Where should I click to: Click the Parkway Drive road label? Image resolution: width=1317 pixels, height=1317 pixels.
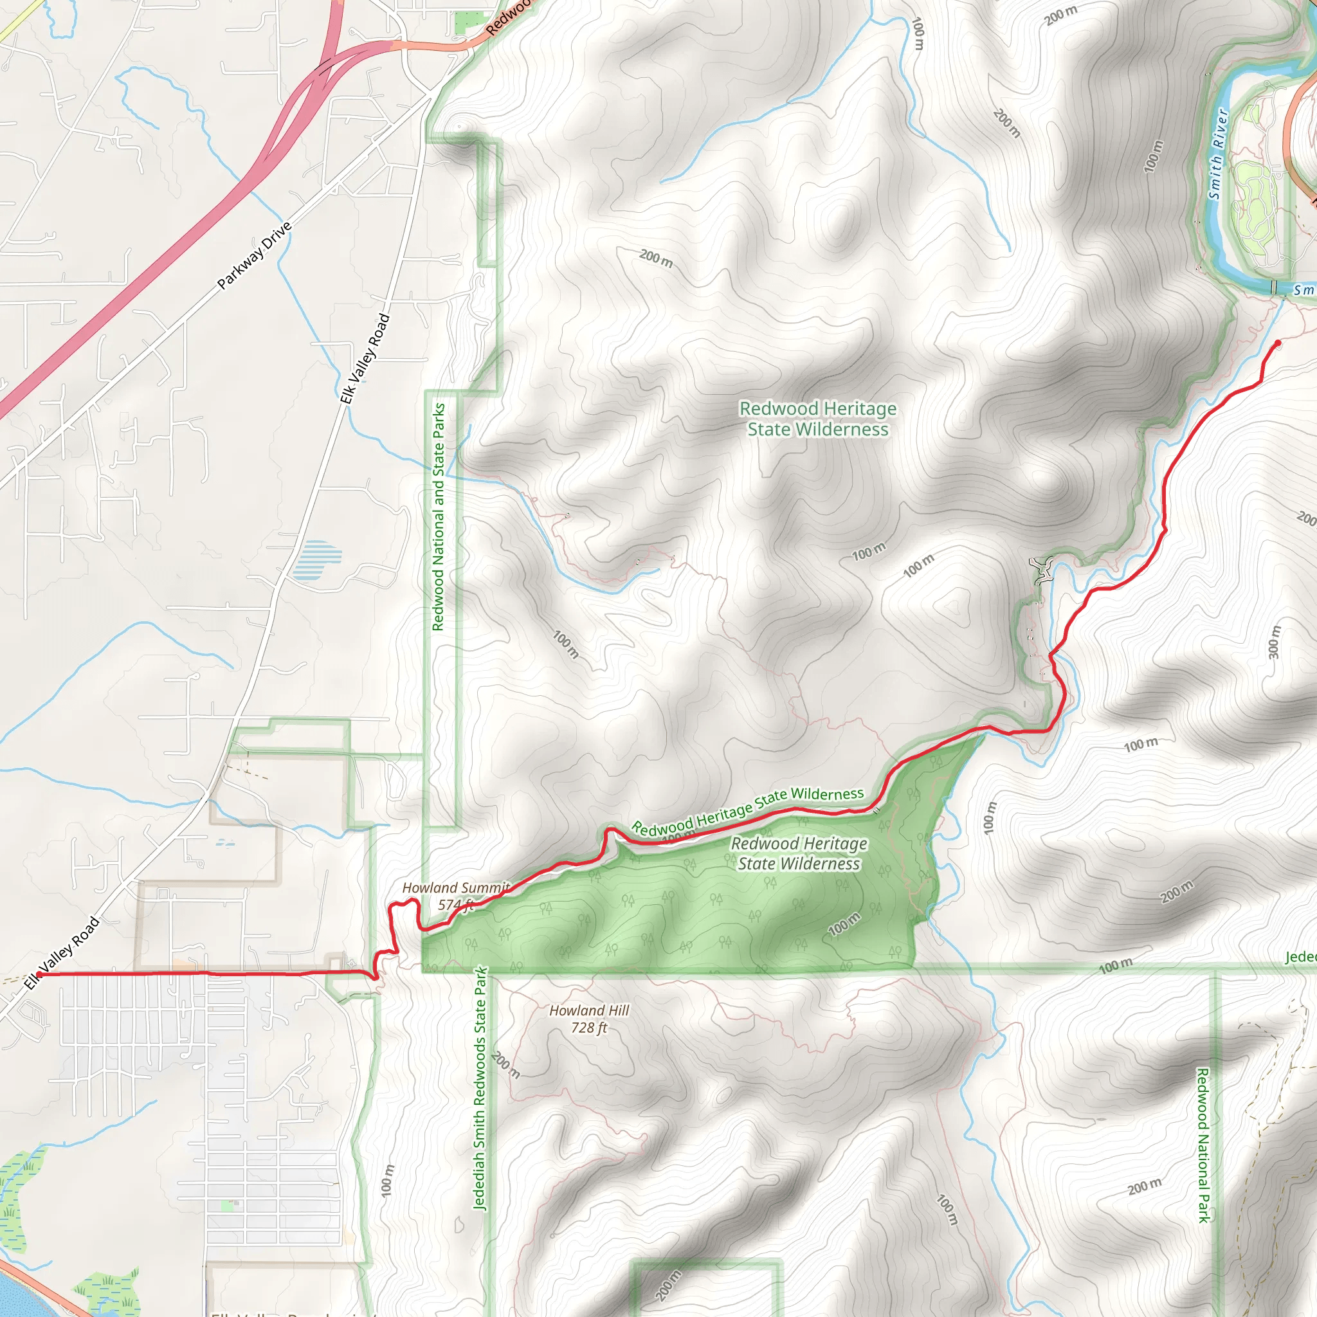pyautogui.click(x=254, y=256)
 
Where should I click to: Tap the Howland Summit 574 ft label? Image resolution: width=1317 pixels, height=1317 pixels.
pyautogui.click(x=455, y=896)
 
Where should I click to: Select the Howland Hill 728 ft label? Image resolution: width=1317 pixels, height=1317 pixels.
pyautogui.click(x=589, y=1019)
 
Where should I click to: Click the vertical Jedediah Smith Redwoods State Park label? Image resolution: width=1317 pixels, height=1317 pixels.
pyautogui.click(x=480, y=1088)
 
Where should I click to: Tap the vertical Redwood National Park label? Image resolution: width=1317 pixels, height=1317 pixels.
pyautogui.click(x=1203, y=1145)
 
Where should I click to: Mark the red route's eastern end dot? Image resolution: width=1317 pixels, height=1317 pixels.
pyautogui.click(x=1278, y=343)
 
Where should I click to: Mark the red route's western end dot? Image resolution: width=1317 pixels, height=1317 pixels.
pyautogui.click(x=39, y=975)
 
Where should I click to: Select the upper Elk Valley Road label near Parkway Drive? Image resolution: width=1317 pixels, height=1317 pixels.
pyautogui.click(x=365, y=359)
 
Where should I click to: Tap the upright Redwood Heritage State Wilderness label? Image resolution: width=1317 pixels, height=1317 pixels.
pyautogui.click(x=817, y=419)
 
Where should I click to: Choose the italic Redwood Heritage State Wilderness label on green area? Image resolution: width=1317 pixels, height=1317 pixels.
pyautogui.click(x=799, y=853)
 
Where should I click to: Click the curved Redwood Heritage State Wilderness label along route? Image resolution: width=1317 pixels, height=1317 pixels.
pyautogui.click(x=747, y=810)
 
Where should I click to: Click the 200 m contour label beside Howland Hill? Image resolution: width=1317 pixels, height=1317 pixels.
pyautogui.click(x=505, y=1066)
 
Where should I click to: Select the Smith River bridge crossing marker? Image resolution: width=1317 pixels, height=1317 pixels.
pyautogui.click(x=1273, y=287)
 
